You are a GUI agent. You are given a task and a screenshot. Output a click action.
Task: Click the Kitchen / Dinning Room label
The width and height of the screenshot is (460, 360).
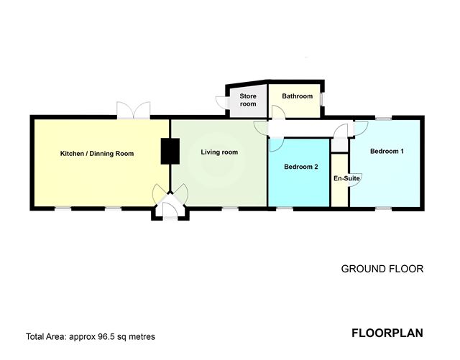[x=96, y=154]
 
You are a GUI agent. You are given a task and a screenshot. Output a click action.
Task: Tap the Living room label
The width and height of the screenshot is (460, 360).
[x=218, y=152]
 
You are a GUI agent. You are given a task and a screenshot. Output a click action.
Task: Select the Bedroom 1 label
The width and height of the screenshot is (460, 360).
[x=387, y=152]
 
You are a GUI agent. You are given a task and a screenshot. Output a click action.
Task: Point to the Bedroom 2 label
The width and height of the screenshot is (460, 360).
[x=300, y=167]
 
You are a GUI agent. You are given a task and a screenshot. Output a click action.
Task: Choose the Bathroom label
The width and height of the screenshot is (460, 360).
[x=297, y=96]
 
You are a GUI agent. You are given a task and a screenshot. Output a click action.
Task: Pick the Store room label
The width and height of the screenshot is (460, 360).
[x=248, y=100]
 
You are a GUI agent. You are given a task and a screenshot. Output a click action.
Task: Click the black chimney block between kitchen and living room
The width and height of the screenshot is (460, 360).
[x=169, y=151]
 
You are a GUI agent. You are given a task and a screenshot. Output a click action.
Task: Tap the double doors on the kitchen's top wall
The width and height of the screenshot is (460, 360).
[x=134, y=110]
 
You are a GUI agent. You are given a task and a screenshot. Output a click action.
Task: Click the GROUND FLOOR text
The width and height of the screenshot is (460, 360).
[x=382, y=269]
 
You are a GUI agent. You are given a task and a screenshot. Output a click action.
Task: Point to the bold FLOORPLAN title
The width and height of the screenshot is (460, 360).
[x=387, y=333]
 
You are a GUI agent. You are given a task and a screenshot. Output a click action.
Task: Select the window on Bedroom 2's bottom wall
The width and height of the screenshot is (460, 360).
[x=285, y=208]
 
